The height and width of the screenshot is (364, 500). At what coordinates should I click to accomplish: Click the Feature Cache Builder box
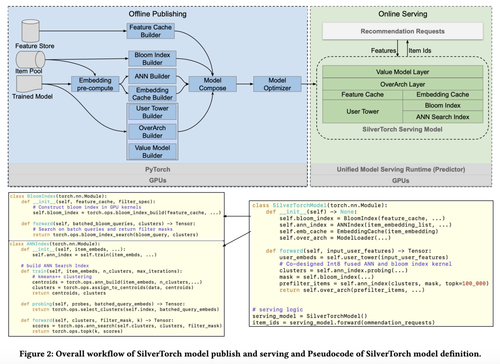point(151,31)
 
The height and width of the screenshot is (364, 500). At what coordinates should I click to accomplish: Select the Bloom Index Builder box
point(152,58)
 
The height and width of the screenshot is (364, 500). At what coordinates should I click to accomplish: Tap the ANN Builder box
point(152,76)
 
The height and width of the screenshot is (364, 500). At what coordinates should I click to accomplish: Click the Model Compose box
point(213,84)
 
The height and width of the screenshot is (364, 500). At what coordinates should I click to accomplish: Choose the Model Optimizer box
point(277,84)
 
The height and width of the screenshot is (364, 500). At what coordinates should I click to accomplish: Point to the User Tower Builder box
point(152,112)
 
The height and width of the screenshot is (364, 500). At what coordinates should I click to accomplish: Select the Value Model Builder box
point(152,151)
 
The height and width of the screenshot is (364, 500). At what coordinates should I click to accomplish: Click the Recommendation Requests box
point(402,31)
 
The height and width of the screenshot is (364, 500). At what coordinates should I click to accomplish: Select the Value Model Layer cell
point(402,72)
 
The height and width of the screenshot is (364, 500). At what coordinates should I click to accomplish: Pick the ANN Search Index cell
point(443,117)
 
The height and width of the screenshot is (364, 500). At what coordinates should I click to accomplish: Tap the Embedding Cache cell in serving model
point(443,94)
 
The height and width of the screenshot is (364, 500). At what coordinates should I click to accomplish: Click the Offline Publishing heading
point(157,14)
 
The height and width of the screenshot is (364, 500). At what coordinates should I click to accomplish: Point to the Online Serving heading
point(402,14)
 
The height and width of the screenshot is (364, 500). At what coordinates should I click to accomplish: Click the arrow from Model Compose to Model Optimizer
point(245,84)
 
